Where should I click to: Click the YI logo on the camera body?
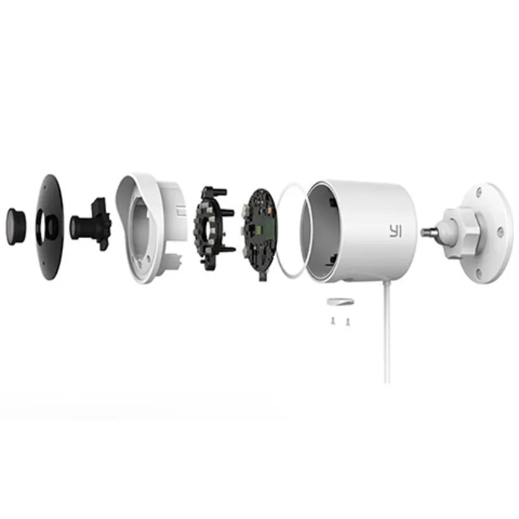[x=395, y=231]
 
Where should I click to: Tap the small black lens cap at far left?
[x=16, y=226]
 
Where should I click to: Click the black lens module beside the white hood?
[x=90, y=224]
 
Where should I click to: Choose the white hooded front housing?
[x=151, y=228]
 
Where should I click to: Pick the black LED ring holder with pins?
[x=213, y=228]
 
